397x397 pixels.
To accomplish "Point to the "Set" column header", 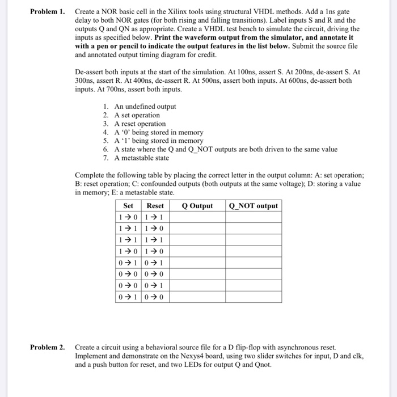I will point(129,206).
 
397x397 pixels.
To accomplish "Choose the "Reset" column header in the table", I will point(155,206).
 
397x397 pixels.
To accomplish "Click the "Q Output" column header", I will point(197,206).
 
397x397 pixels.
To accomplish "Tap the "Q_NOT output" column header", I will point(253,206).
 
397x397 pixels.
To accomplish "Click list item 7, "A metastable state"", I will point(141,158).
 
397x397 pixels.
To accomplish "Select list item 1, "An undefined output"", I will point(145,107).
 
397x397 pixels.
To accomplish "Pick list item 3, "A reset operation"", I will point(140,124).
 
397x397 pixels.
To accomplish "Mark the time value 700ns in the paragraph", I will point(109,90).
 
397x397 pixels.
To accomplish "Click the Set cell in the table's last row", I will point(129,297).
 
